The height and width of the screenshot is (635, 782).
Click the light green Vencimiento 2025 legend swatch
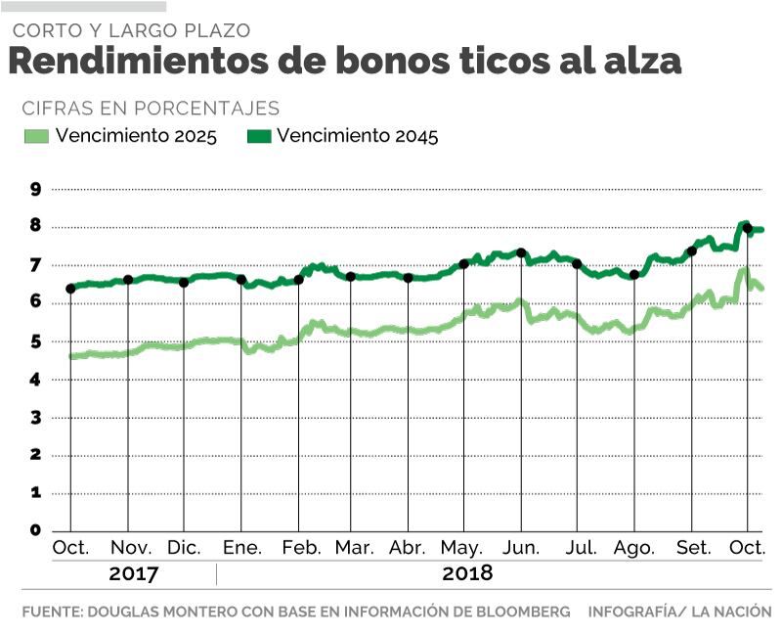(36, 137)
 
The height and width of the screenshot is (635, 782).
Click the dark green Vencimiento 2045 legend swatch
(257, 137)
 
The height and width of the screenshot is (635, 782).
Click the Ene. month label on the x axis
(241, 548)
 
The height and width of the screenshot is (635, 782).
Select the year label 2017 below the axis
(133, 573)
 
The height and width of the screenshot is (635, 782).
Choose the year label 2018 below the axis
(467, 573)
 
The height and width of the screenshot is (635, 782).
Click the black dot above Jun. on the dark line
(521, 253)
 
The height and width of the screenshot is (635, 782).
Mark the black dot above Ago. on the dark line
(634, 275)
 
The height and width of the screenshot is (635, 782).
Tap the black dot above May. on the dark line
(464, 264)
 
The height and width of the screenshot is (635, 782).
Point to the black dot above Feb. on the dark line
(298, 280)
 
